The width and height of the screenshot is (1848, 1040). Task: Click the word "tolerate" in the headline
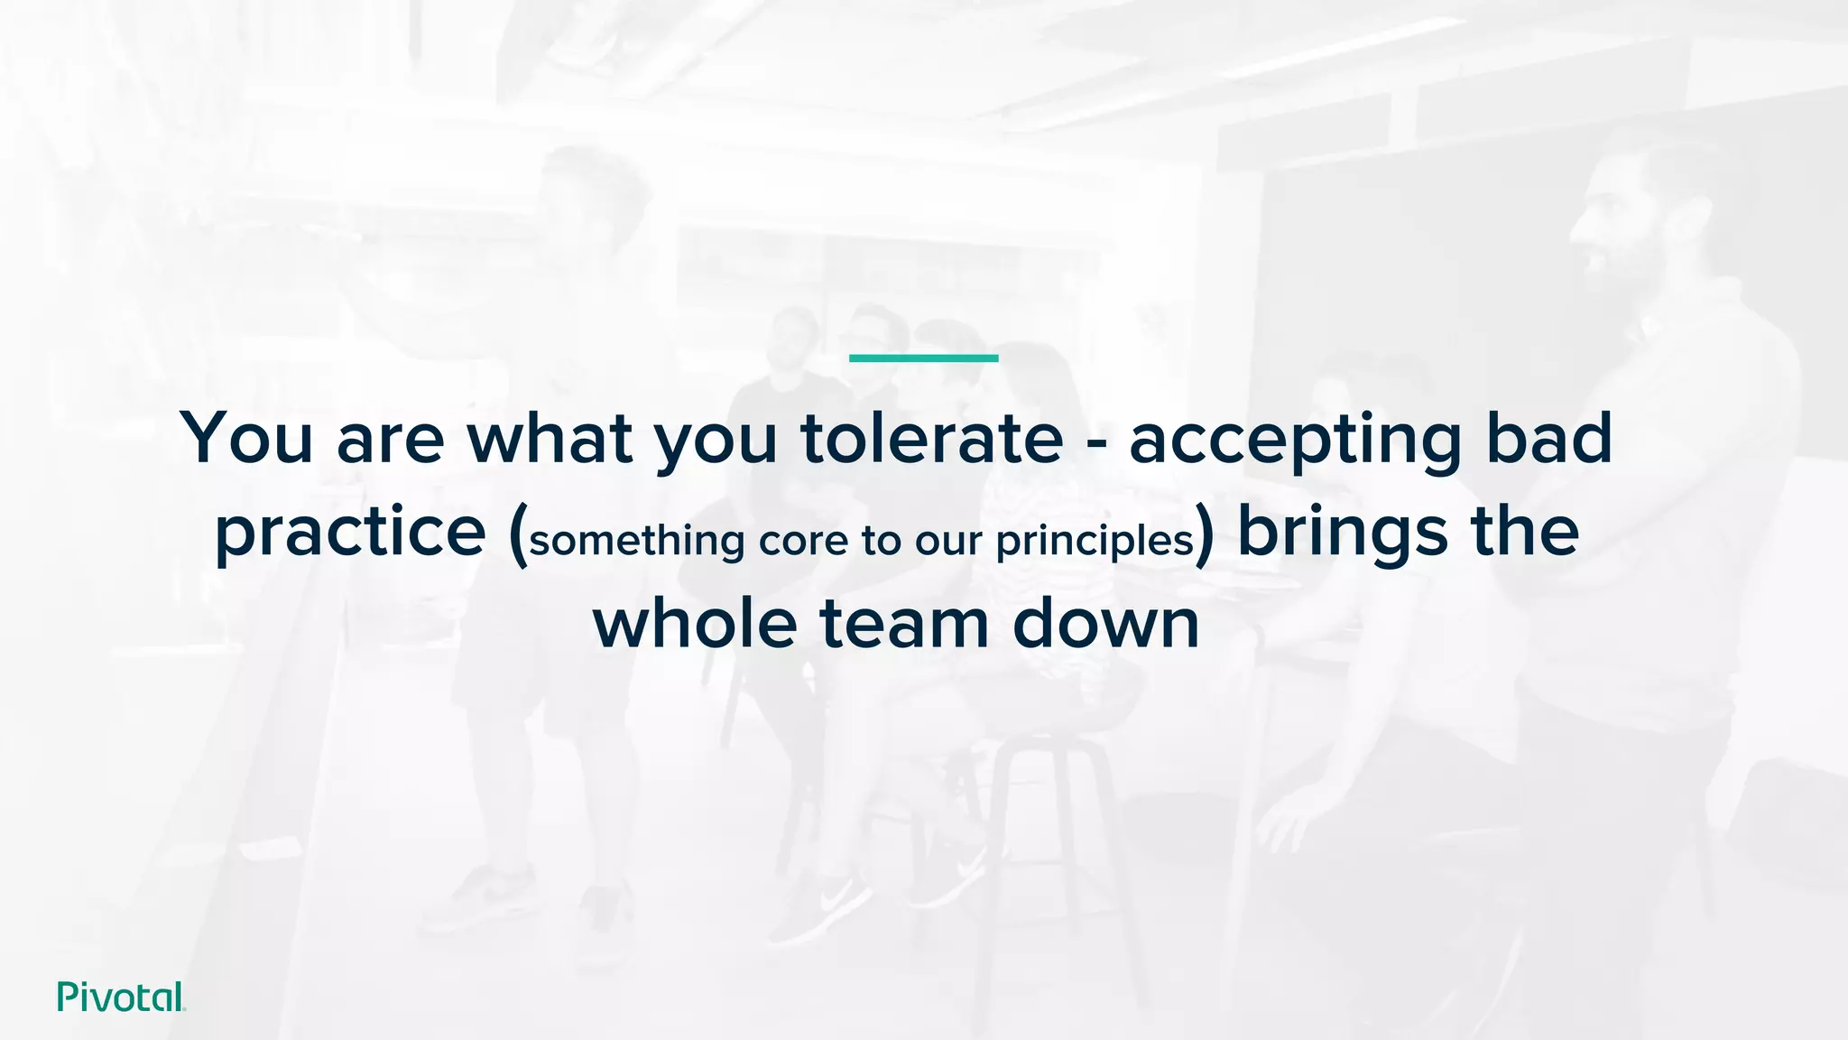tap(931, 439)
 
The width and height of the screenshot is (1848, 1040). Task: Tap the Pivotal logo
tap(121, 997)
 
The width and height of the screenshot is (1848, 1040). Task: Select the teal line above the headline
tap(923, 358)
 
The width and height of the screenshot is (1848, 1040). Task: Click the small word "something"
tap(636, 541)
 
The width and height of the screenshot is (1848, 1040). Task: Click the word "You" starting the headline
tap(246, 439)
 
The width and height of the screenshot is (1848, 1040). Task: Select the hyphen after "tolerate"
tap(1095, 442)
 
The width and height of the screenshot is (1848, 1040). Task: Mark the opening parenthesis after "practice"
tap(517, 535)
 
